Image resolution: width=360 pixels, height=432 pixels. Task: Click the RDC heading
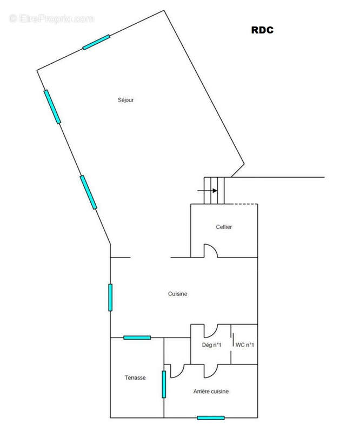262,30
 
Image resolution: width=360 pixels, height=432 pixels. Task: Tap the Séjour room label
126,100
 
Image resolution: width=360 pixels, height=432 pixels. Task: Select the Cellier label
224,227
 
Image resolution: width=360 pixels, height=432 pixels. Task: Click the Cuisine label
178,294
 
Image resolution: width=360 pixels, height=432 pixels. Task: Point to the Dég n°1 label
211,345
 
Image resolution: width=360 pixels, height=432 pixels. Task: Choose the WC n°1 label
245,345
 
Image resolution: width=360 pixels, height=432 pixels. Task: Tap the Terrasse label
135,377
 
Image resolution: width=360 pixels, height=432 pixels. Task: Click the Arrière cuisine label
211,391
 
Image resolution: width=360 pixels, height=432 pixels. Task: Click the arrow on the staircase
207,191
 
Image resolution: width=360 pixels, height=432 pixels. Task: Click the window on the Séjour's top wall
97,42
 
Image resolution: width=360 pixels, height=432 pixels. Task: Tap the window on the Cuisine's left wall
110,298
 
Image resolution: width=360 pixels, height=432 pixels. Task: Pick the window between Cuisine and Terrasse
137,337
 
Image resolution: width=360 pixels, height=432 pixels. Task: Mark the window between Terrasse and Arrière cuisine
164,384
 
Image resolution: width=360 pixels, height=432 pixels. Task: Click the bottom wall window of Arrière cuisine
211,418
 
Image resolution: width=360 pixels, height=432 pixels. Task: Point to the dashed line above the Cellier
246,204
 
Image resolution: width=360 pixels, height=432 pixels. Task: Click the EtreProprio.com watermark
51,19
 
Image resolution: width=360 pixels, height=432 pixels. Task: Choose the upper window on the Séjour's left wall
52,107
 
